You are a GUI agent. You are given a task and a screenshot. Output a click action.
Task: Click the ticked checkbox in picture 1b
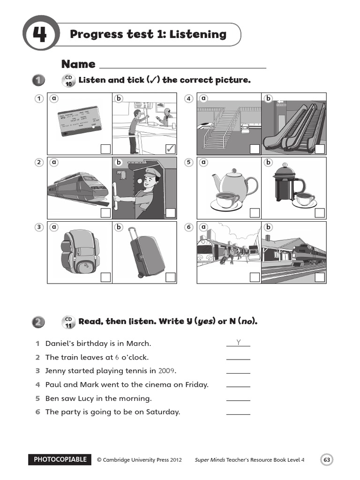click(x=171, y=149)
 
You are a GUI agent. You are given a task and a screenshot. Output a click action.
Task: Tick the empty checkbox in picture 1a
click(x=105, y=149)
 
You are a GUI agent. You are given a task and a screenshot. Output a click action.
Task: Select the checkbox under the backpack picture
click(x=105, y=277)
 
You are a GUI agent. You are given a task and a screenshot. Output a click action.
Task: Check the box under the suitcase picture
click(x=171, y=277)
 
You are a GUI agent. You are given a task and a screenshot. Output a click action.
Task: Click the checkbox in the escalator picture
click(x=320, y=149)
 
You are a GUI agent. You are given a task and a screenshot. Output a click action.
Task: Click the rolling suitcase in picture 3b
click(x=146, y=253)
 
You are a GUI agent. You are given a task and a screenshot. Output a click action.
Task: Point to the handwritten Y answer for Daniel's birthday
click(x=238, y=343)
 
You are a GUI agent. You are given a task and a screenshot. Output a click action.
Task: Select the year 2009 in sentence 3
click(x=166, y=371)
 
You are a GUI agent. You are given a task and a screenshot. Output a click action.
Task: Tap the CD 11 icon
click(x=68, y=322)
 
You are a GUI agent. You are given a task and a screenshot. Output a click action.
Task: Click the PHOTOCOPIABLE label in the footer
click(x=60, y=459)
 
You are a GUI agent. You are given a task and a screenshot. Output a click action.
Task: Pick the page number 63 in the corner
click(x=327, y=460)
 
